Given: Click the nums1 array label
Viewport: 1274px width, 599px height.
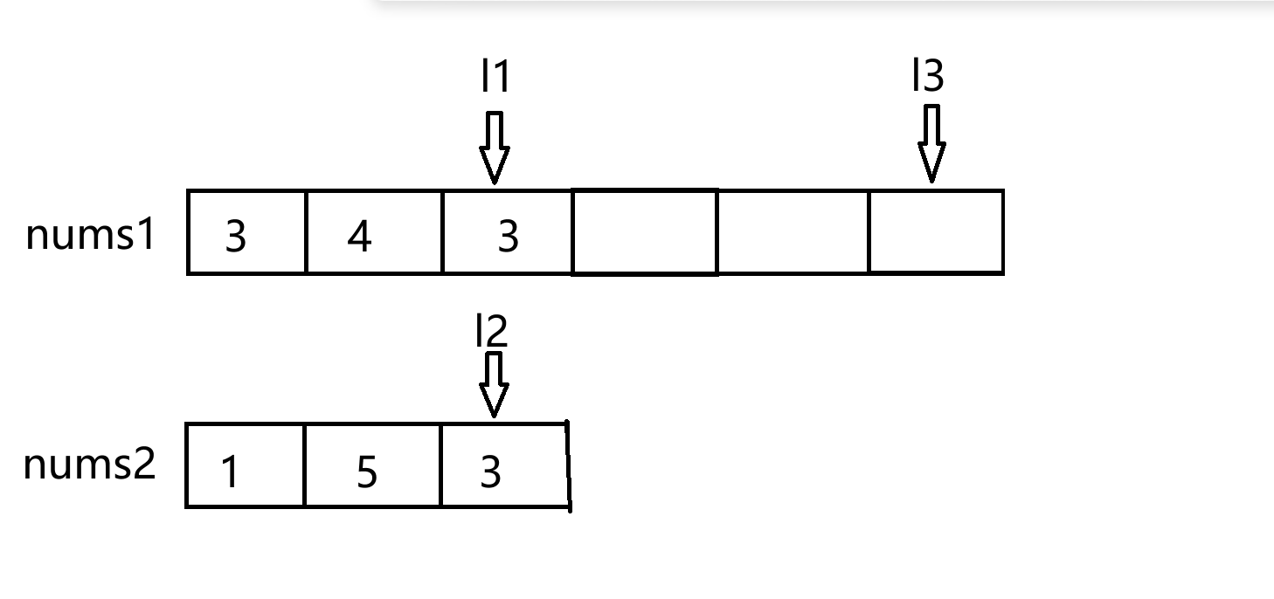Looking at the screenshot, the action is (x=90, y=234).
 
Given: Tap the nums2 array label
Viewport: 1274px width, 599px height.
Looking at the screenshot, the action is (x=89, y=465).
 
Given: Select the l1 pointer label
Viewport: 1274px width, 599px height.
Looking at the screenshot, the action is (x=495, y=76).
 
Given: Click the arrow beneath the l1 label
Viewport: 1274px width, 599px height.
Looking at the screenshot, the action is (x=495, y=148).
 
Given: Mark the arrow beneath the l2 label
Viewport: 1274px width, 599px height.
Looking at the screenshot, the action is (x=494, y=385).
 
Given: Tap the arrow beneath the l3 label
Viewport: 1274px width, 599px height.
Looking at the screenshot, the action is (x=931, y=143).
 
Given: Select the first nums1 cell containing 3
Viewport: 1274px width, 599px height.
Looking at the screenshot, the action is (x=246, y=232).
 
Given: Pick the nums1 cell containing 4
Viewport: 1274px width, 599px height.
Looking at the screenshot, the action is (x=374, y=232).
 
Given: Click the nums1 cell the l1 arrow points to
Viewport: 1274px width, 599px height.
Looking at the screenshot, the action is (x=507, y=232).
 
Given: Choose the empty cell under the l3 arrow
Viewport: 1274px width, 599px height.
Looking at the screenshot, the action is (x=936, y=232).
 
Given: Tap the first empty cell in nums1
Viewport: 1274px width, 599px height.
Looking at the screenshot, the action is (x=645, y=232).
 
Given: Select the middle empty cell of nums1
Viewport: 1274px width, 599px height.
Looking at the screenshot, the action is (x=793, y=232).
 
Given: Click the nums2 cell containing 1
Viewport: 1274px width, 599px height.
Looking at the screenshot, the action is (x=246, y=465).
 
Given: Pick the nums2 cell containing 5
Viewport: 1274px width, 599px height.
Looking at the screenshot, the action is (x=373, y=465).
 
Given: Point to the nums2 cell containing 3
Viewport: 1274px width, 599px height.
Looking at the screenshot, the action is (x=505, y=465).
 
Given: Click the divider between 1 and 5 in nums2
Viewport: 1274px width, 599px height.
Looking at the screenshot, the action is (x=305, y=465).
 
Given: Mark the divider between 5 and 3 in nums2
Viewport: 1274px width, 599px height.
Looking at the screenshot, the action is (x=440, y=465).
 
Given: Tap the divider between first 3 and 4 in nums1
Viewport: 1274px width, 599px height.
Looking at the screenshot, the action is (x=306, y=232).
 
